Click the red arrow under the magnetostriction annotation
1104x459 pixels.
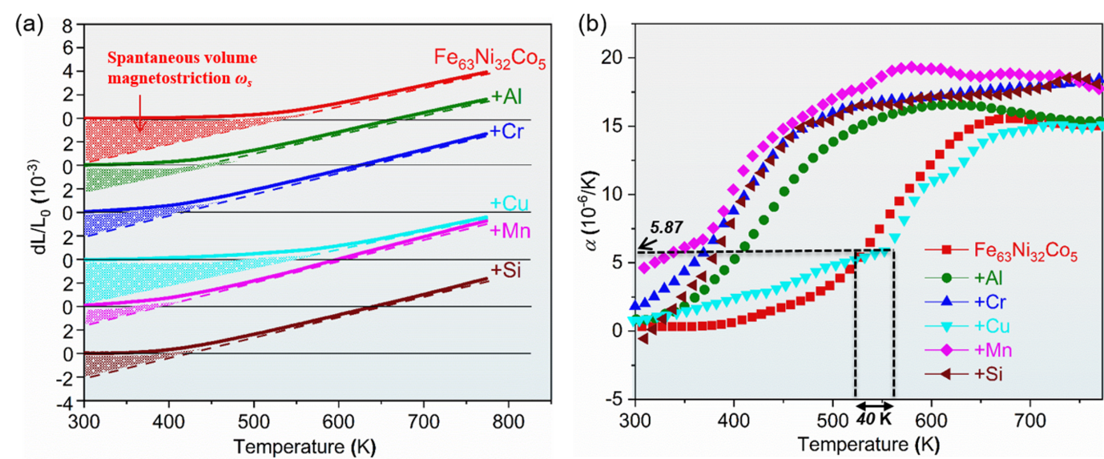(x=139, y=115)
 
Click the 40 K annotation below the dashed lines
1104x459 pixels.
(x=873, y=418)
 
